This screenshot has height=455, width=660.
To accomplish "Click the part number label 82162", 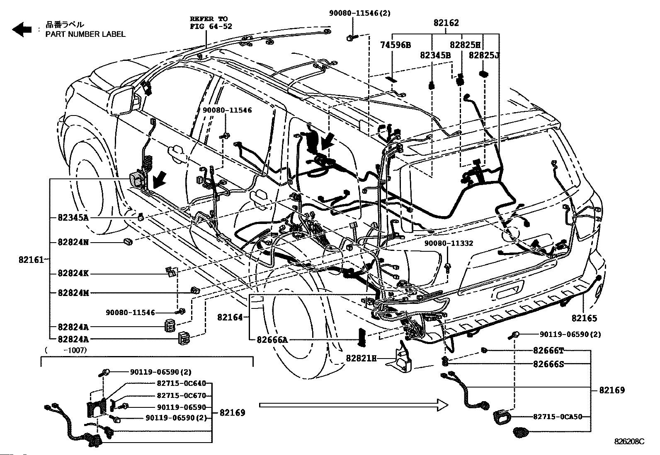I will coord(446,23).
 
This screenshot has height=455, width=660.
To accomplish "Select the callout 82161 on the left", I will coord(31,260).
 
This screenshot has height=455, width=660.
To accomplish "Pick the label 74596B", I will coord(396,45).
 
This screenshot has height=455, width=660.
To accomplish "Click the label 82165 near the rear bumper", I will coord(584,318).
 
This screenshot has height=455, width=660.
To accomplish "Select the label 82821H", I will coord(361,359).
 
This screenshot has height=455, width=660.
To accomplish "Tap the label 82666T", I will coord(548,351).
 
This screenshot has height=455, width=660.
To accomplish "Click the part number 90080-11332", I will coord(448,243).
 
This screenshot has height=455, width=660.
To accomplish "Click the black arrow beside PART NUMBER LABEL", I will coord(22,30).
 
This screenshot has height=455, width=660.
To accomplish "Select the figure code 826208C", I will coord(629,441).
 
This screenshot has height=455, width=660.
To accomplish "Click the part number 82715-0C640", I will coord(181,383).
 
